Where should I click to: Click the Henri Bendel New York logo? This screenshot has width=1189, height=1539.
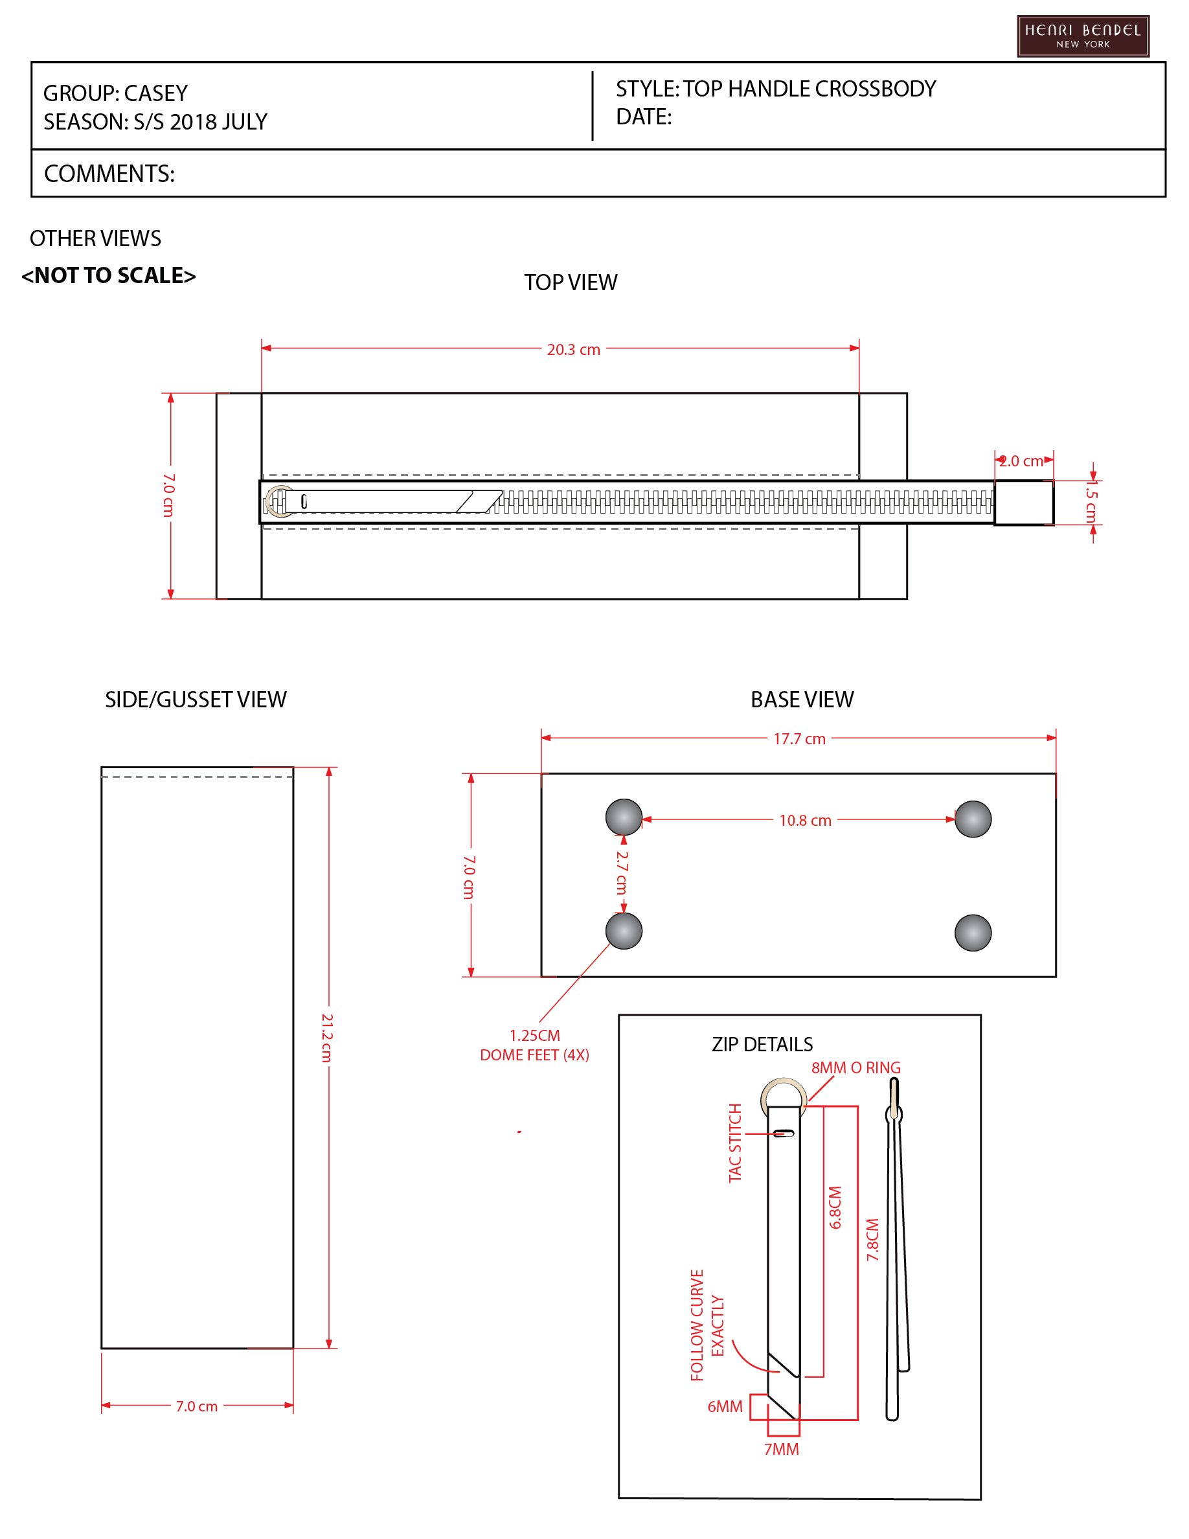point(1083,36)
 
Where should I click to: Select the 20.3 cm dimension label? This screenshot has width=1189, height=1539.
point(573,350)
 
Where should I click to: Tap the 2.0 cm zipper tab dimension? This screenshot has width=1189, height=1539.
point(1021,461)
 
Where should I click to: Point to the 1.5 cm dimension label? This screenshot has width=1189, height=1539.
point(1091,502)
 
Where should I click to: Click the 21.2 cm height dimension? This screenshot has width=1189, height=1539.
point(327,1037)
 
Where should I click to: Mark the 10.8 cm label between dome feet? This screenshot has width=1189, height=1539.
point(805,820)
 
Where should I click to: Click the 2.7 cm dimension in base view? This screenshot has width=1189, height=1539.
point(621,872)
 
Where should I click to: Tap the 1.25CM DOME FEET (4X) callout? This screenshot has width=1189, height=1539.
point(535,1045)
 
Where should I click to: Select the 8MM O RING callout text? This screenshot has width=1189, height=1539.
point(856,1067)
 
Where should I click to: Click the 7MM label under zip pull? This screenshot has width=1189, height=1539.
point(781,1449)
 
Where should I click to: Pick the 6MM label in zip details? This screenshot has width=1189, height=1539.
point(725,1406)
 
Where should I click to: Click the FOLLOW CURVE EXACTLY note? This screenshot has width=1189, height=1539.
point(707,1325)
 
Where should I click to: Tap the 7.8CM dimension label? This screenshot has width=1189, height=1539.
point(873,1240)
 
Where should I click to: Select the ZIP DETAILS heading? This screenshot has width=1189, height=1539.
point(762,1044)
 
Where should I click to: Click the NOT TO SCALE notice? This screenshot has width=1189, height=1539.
point(109,275)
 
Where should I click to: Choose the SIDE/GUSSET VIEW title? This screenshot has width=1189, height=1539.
point(196,699)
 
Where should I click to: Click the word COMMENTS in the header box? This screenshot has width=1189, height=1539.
point(109,174)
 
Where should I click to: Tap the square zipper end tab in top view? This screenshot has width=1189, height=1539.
point(1024,503)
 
